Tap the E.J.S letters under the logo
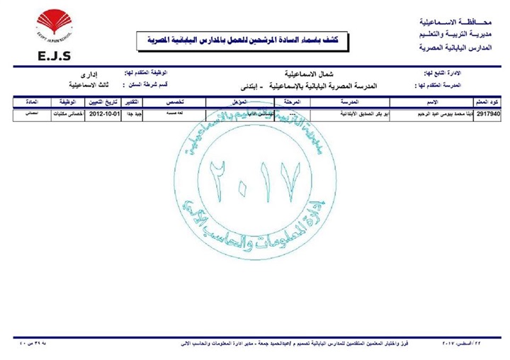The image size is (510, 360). [51, 56]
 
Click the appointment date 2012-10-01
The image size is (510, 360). [104, 113]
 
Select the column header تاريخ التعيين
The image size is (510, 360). [104, 103]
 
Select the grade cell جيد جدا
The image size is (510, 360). [133, 113]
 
